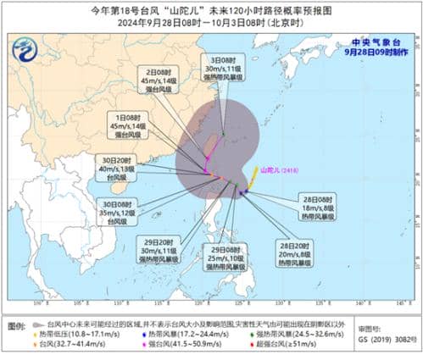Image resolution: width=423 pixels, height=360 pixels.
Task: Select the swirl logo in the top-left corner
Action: (29, 50)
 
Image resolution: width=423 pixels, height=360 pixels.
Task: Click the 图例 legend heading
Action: (16, 324)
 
